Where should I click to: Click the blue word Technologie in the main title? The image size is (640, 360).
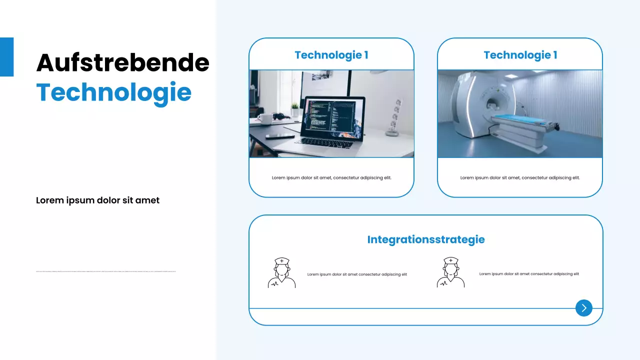point(114,92)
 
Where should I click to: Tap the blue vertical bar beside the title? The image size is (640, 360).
point(6,57)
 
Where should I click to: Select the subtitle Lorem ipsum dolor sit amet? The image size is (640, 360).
point(97,200)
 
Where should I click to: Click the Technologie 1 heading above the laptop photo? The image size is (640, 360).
point(331,55)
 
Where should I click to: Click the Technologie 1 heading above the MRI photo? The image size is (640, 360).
point(520,55)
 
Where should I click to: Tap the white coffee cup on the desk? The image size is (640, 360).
point(265,119)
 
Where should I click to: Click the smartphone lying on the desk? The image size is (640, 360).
point(280,136)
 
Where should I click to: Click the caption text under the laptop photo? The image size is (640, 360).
point(331,177)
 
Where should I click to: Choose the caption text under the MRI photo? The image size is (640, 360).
point(520,177)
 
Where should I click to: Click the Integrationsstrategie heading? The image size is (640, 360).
point(426,239)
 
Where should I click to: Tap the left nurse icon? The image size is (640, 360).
point(281,272)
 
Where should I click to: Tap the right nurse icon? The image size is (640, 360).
point(450,272)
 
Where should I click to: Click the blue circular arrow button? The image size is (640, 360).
point(583,308)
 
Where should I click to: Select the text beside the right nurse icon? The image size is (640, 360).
point(529,274)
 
